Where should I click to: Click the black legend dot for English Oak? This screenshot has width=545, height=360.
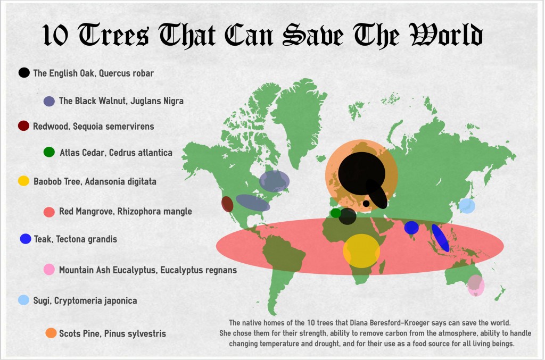24,73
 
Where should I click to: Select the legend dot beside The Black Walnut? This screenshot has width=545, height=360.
49,101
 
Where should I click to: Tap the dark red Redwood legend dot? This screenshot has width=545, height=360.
23,126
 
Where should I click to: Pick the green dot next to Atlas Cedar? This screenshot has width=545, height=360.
49,152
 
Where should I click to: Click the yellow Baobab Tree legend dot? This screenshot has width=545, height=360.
23,181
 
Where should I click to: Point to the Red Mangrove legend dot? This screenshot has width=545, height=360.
49,211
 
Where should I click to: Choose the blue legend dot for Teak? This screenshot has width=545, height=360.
26,239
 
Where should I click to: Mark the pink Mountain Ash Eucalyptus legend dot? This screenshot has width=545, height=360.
49,270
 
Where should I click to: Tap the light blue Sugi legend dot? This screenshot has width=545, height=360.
23,300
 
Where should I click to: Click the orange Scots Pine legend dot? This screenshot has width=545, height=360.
51,333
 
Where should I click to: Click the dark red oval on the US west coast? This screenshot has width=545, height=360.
227,204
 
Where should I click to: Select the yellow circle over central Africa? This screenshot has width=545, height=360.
361,250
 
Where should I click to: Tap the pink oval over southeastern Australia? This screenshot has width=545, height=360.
475,286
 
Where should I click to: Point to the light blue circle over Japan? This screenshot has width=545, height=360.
467,206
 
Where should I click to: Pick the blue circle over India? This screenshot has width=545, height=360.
411,228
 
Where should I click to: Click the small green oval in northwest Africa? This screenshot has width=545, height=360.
335,213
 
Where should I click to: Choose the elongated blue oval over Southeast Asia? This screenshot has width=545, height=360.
440,238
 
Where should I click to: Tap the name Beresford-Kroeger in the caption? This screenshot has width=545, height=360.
401,323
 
